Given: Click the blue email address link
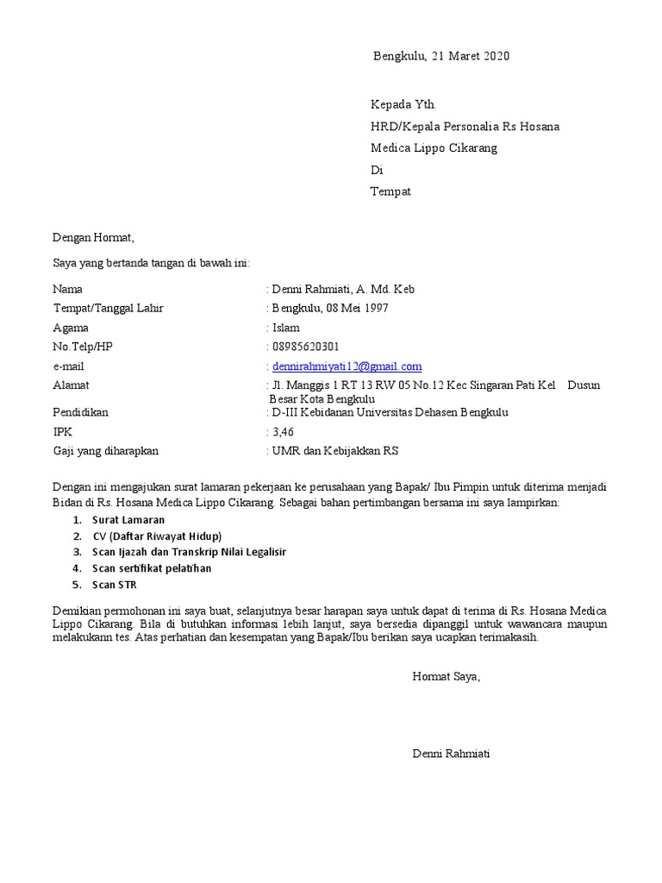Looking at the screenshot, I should [347, 366].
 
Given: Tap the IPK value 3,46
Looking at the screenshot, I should [284, 431].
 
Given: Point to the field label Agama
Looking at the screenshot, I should [71, 328].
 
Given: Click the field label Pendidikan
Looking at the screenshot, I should [81, 412].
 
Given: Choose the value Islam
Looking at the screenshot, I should [285, 328].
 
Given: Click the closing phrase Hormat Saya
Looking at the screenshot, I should [446, 677].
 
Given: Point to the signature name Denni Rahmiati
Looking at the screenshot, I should [452, 754].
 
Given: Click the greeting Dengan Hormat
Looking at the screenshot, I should [94, 237].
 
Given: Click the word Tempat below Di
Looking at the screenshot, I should [390, 191].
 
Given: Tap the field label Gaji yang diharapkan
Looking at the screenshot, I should [106, 450].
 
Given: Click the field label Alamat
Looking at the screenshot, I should [71, 385].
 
